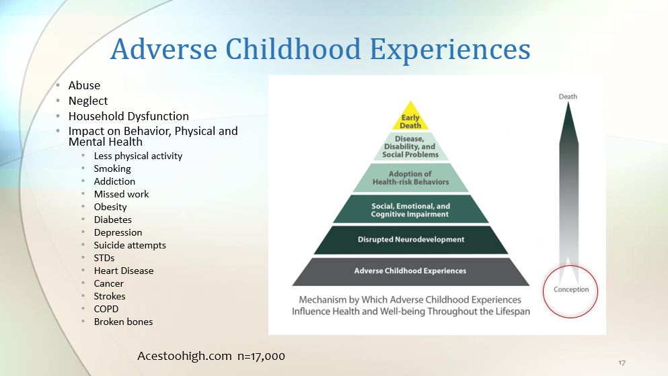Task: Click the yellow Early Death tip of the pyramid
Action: [410, 118]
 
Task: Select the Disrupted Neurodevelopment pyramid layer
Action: [410, 240]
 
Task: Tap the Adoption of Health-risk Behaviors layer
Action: [410, 178]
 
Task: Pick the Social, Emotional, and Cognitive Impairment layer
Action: [410, 209]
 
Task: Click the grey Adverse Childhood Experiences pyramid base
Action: [410, 271]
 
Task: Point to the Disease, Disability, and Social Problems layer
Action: [410, 146]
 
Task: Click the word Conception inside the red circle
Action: [571, 289]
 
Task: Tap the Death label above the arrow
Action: [568, 97]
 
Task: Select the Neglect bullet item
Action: [88, 101]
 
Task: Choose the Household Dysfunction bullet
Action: [128, 116]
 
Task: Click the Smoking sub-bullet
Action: [112, 169]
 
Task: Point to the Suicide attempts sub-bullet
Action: [130, 246]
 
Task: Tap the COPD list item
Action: [106, 309]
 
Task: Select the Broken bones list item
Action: [123, 322]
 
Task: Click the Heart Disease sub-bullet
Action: [124, 271]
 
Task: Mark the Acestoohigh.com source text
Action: [184, 356]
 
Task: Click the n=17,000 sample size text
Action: [261, 357]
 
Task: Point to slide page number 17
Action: [622, 363]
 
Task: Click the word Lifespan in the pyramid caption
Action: [513, 312]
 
